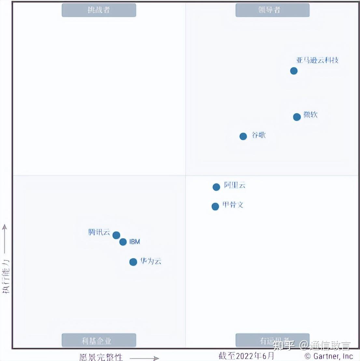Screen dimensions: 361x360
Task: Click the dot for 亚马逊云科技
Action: pyautogui.click(x=294, y=71)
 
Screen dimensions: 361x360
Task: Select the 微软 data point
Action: pyautogui.click(x=297, y=117)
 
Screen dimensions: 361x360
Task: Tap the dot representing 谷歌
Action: pyautogui.click(x=243, y=136)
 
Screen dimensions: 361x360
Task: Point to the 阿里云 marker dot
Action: pyautogui.click(x=216, y=187)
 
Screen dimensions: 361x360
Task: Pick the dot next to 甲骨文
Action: pyautogui.click(x=215, y=206)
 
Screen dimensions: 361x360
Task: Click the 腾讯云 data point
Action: pyautogui.click(x=116, y=235)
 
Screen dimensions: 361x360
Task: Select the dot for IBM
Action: pyautogui.click(x=123, y=242)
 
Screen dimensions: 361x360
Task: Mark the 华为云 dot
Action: pyautogui.click(x=133, y=262)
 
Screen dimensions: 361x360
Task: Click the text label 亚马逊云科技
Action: pyautogui.click(x=317, y=60)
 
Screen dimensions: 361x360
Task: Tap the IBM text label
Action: pyautogui.click(x=134, y=242)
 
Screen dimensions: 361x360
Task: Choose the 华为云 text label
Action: pyautogui.click(x=151, y=261)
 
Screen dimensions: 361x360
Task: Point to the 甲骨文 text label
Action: pyautogui.click(x=233, y=205)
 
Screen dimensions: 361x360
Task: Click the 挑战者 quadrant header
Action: pyautogui.click(x=99, y=10)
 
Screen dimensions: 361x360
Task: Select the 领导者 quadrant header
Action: pyautogui.click(x=272, y=10)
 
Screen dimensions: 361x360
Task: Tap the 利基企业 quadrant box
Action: pyautogui.click(x=99, y=340)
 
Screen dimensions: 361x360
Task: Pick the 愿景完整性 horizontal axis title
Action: pyautogui.click(x=101, y=357)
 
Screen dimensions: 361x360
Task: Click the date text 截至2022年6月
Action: pyautogui.click(x=246, y=355)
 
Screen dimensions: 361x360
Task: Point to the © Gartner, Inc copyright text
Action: pyautogui.click(x=328, y=356)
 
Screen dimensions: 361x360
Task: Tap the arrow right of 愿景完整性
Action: pyautogui.click(x=144, y=358)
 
